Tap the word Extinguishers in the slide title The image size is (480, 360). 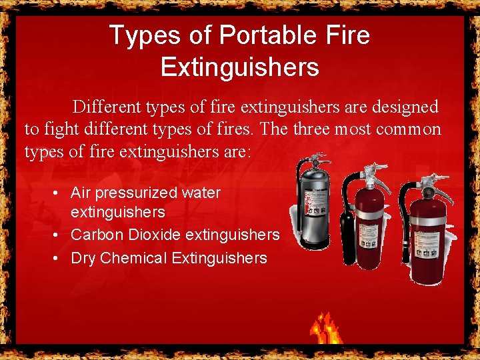pyautogui.click(x=240, y=67)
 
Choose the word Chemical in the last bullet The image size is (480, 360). pyautogui.click(x=133, y=259)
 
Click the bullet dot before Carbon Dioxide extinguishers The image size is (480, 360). pyautogui.click(x=59, y=235)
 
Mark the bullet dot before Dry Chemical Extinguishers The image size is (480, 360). pyautogui.click(x=59, y=259)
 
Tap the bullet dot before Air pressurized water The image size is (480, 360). pyautogui.click(x=59, y=193)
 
